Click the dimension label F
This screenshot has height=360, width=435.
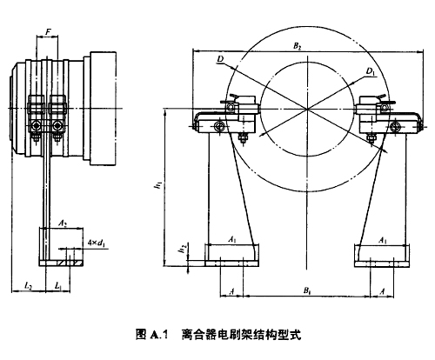coord(48,32)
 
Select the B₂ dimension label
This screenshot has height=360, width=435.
coord(297,46)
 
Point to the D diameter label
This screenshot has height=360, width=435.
coord(220,59)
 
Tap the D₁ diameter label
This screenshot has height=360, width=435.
coord(371,71)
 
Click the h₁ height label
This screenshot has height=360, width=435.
coord(158,185)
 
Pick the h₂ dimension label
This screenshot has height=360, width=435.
coord(183,249)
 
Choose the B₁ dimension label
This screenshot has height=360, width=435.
coord(307,290)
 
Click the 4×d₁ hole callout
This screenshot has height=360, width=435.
coord(97,243)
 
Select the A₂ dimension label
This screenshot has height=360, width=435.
coord(63,223)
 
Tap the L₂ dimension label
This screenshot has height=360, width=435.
coord(28,286)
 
